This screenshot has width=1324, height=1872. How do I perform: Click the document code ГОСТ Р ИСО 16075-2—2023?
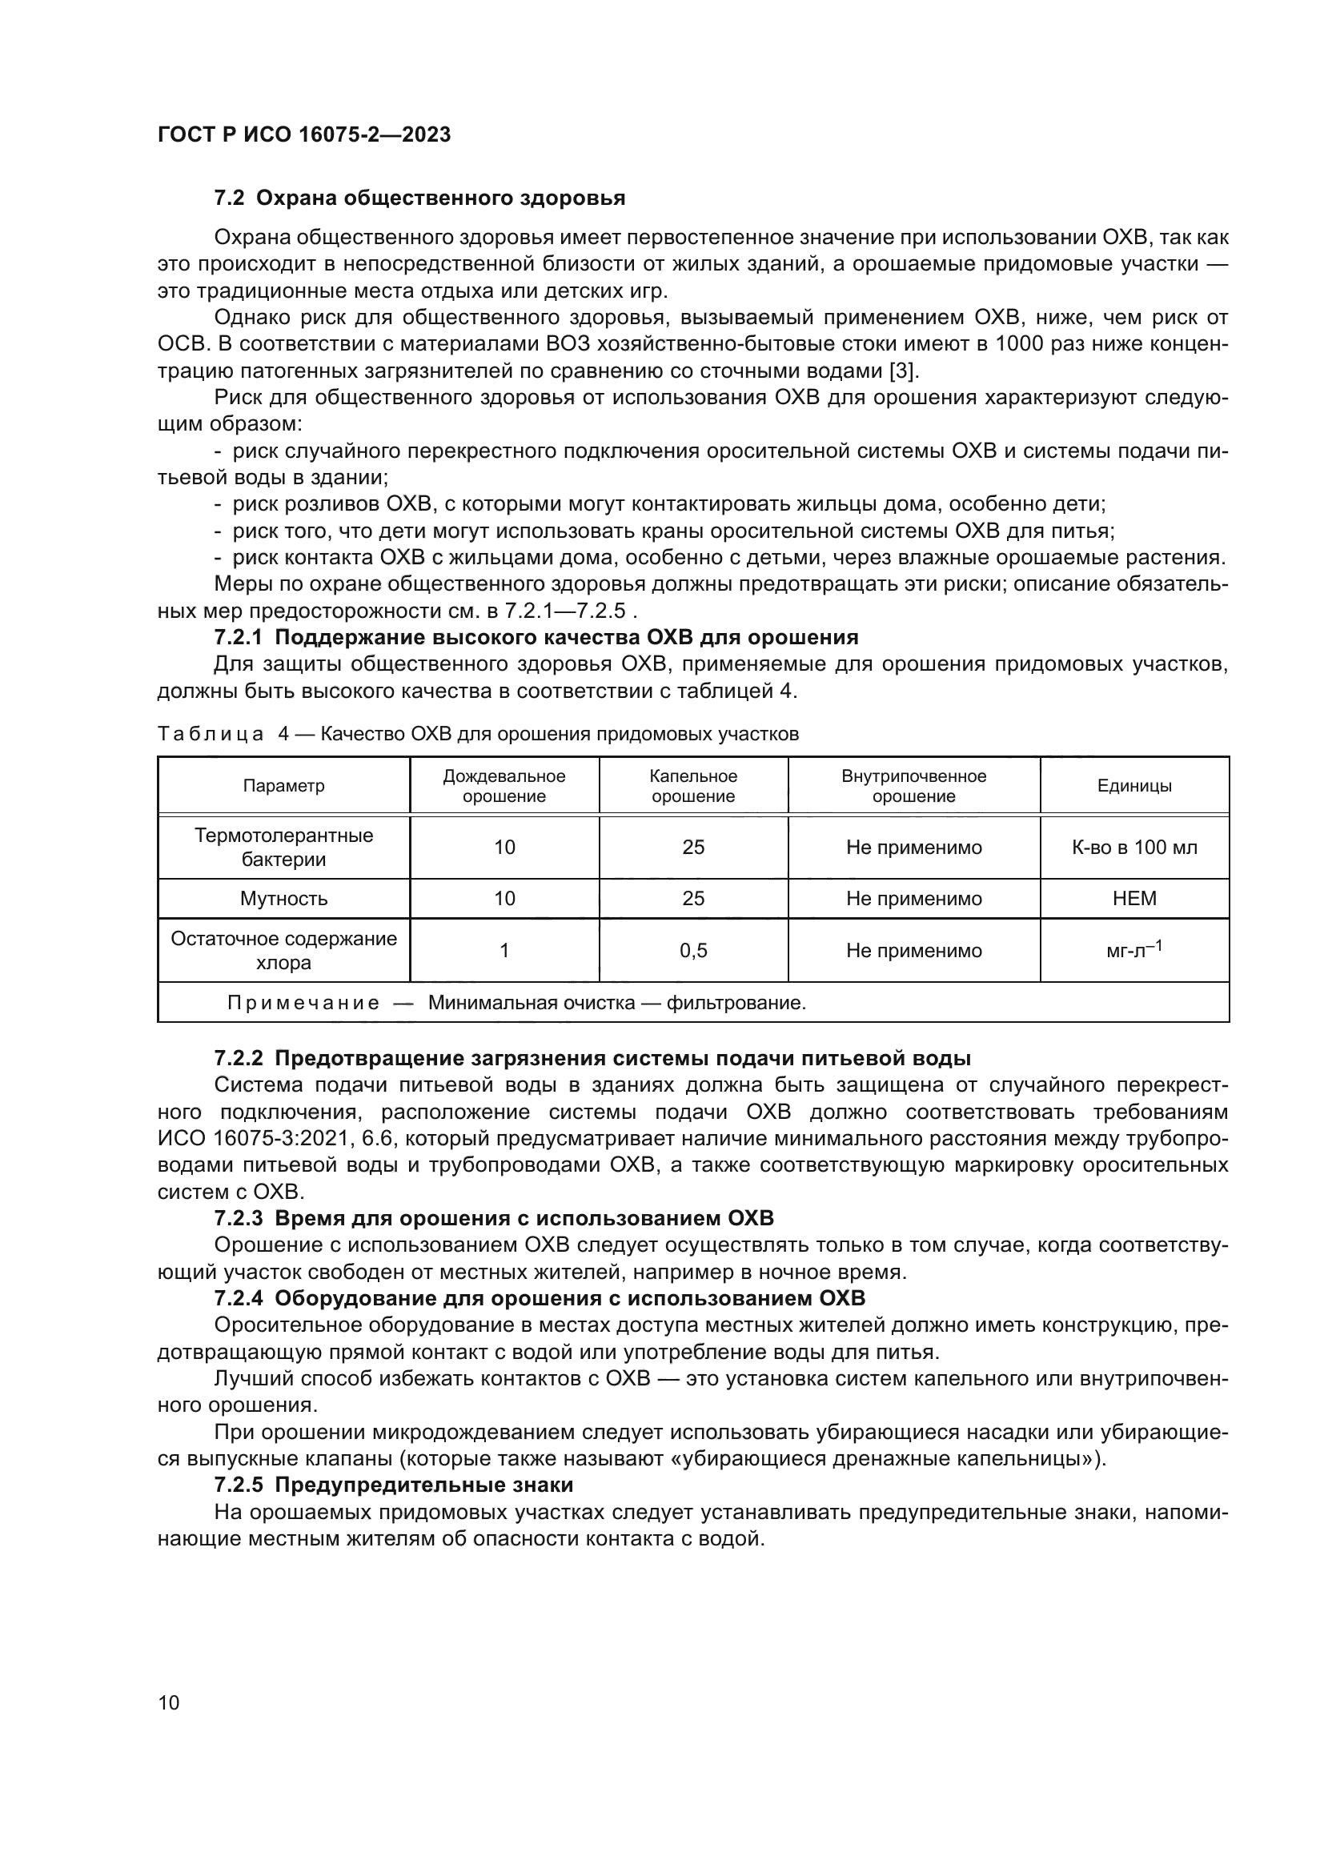[x=304, y=135]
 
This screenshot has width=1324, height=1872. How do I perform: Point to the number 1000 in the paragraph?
[x=1021, y=344]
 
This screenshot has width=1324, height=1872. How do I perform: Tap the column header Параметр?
[x=283, y=786]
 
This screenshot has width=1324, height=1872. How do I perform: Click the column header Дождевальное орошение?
[x=504, y=786]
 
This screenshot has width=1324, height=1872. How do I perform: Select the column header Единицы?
[x=1134, y=786]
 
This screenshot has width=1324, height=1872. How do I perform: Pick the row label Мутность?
[x=283, y=899]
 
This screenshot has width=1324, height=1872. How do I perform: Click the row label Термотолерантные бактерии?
[x=283, y=847]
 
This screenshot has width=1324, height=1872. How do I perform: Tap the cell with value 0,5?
[x=693, y=951]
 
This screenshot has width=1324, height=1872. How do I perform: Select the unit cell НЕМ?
[x=1134, y=899]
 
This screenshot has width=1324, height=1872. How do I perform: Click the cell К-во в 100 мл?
[x=1134, y=847]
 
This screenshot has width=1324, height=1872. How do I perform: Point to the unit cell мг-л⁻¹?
[x=1134, y=951]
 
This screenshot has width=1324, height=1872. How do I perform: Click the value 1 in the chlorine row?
[x=504, y=951]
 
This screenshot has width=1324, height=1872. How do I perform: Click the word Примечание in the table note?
[x=303, y=1003]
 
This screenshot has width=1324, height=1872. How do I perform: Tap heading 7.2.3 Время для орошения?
[x=493, y=1219]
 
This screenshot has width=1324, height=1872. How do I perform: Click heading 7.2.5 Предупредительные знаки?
[x=394, y=1485]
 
